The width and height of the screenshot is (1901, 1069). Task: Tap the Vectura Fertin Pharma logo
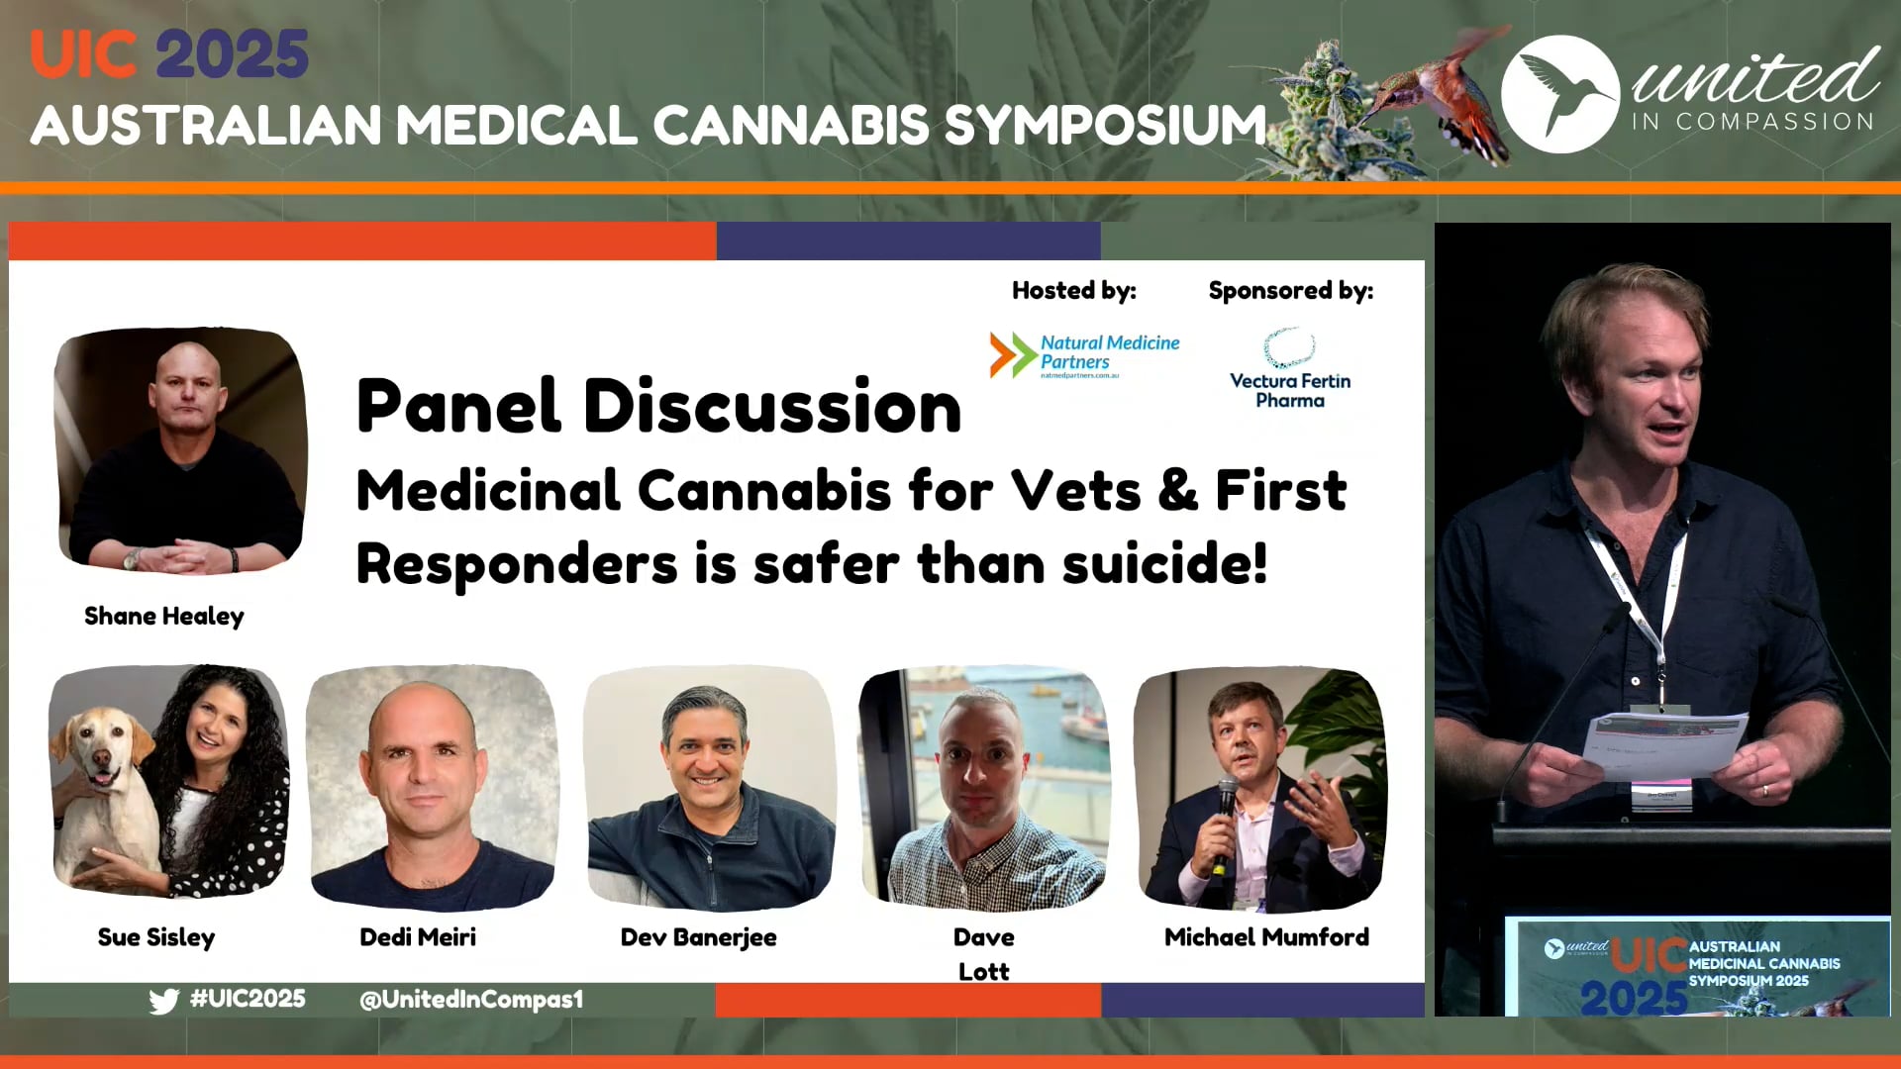[1290, 370]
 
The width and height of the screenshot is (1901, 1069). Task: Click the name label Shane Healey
[164, 616]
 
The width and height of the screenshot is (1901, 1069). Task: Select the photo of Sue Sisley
[169, 782]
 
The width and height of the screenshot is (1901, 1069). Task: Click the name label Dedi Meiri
[418, 937]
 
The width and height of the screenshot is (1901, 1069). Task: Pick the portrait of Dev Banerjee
[710, 787]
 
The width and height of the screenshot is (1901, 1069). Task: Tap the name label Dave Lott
[983, 953]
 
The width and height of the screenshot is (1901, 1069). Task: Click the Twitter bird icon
[164, 1001]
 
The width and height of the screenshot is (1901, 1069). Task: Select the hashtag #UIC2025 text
[248, 999]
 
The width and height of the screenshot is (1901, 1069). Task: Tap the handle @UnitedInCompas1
[471, 1000]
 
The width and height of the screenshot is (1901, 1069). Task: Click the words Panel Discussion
[658, 407]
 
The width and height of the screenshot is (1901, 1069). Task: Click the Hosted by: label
[1074, 291]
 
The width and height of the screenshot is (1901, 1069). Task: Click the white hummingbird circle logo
[1560, 94]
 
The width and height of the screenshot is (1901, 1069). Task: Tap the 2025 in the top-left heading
[233, 54]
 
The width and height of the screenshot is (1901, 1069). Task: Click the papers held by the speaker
[1663, 742]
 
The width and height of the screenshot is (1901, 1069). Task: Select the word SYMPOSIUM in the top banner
[1105, 126]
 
